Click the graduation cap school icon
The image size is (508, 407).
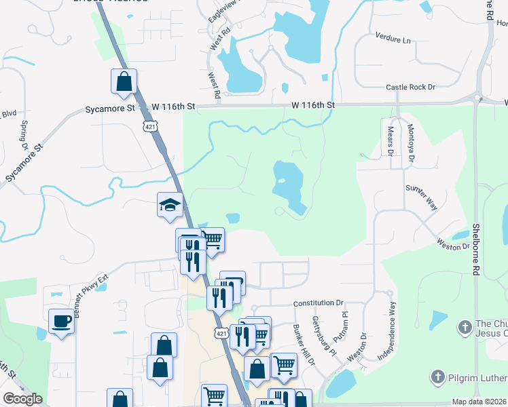(170, 205)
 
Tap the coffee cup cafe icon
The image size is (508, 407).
(60, 321)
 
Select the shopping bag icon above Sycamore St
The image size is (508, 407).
(124, 81)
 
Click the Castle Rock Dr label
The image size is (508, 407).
(410, 88)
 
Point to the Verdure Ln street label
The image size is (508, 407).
(393, 39)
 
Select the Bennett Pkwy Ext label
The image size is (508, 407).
(85, 279)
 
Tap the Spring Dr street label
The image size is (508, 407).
(24, 136)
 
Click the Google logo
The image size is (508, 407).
(22, 399)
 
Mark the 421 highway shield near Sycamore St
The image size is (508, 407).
(149, 126)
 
